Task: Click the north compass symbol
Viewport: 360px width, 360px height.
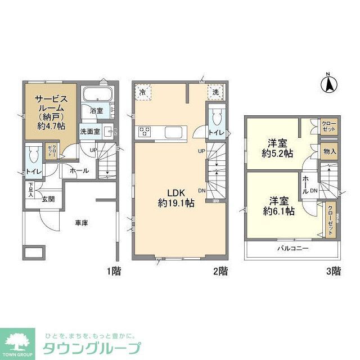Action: [x=329, y=84]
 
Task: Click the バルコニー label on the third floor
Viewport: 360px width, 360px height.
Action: [x=292, y=248]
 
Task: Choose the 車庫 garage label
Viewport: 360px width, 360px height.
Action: [x=81, y=222]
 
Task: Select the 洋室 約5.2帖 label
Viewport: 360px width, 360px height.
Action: [x=276, y=147]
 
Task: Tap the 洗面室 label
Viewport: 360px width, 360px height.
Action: [x=89, y=132]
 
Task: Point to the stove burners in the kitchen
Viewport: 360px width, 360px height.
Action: [x=145, y=132]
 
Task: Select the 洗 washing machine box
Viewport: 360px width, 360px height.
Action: [x=215, y=92]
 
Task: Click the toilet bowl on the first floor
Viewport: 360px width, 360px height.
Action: [x=34, y=153]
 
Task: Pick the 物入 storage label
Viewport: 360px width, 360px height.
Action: [x=330, y=151]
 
